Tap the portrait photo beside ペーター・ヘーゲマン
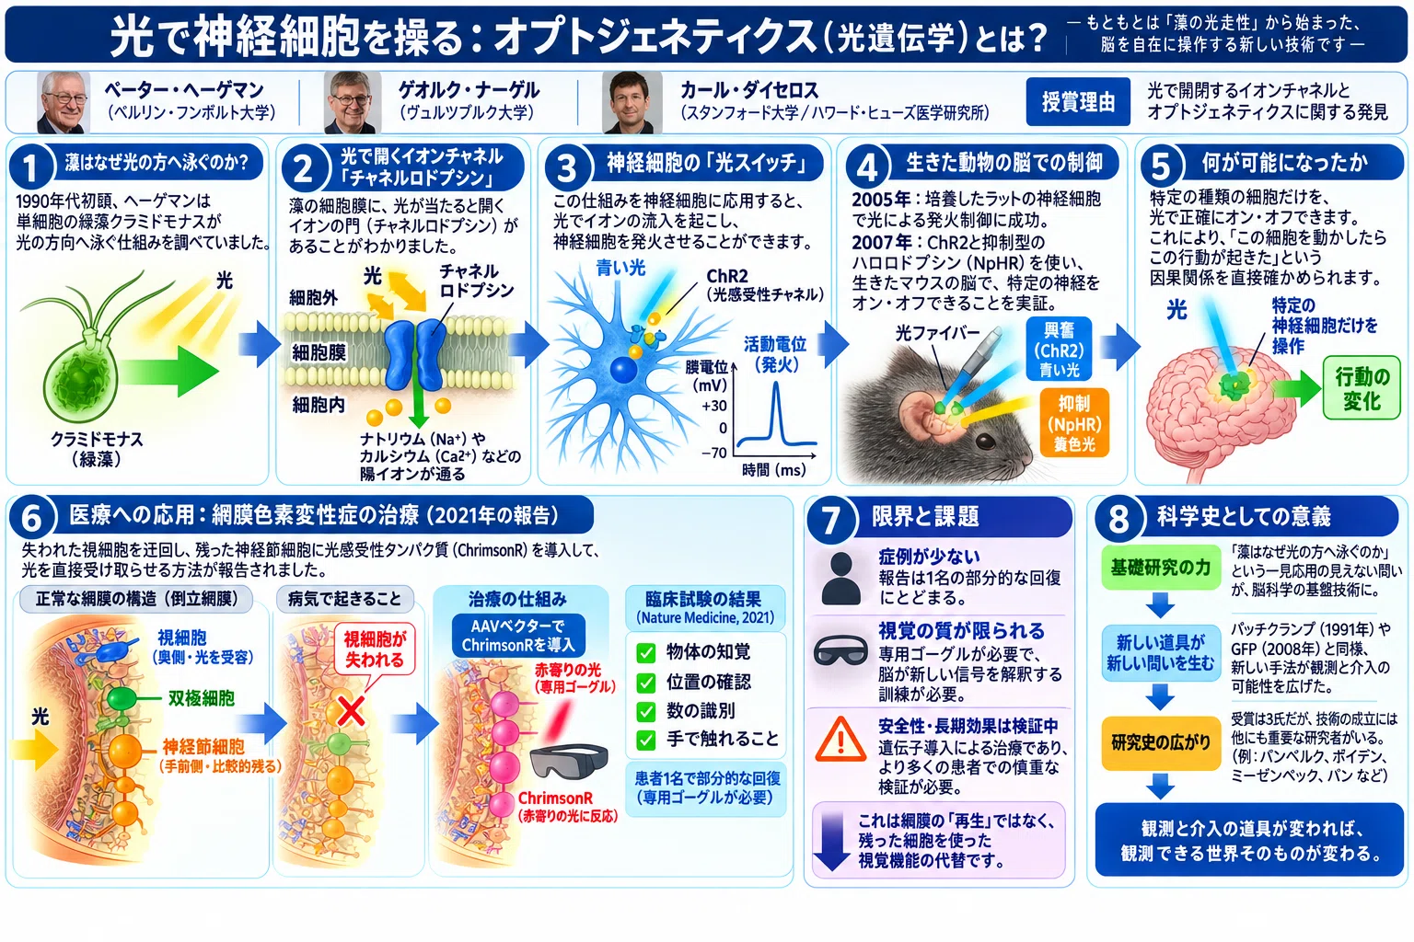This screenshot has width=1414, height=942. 64,102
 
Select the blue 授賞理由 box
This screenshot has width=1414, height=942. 1078,101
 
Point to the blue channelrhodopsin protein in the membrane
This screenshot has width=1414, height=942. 415,354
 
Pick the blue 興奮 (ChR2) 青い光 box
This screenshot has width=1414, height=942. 1059,349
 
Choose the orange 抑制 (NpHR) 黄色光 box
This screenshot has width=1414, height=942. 1073,423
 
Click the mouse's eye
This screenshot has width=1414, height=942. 986,441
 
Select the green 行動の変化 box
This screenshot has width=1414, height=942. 1362,387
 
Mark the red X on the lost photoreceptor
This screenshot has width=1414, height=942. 351,711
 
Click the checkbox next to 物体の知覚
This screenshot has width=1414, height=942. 645,652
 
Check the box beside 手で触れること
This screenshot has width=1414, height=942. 645,740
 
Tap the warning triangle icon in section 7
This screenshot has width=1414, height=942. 840,739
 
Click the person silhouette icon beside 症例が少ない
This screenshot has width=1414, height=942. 840,578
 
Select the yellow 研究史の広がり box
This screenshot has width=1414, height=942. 1160,743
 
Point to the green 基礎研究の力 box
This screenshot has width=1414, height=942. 1160,568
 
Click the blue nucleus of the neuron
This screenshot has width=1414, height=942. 623,370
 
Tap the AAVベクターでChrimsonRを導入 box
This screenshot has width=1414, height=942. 518,636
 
